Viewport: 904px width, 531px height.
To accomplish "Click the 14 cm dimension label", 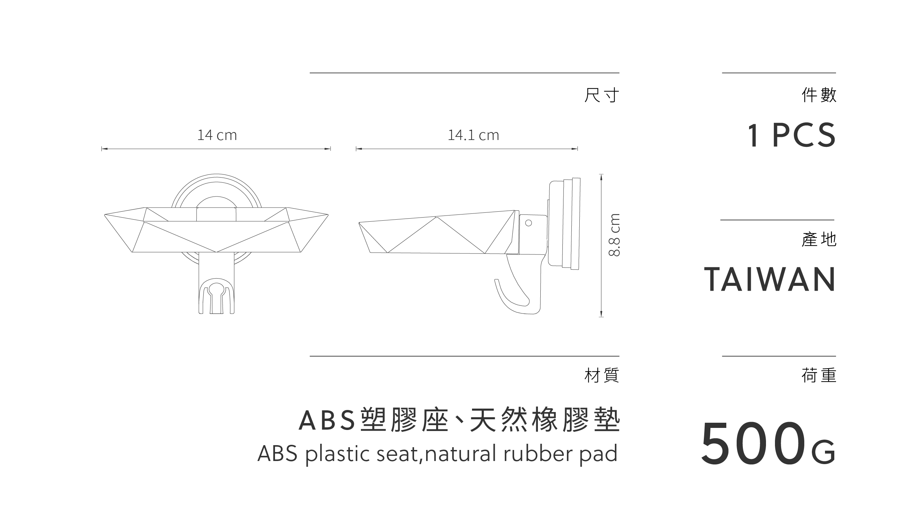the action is (x=217, y=135).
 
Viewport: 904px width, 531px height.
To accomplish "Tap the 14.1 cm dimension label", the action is (x=473, y=135).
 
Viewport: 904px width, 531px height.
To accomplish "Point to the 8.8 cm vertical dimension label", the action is (x=614, y=235).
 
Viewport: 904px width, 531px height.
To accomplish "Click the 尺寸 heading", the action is (x=602, y=96).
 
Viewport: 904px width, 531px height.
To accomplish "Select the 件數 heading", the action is (x=819, y=95).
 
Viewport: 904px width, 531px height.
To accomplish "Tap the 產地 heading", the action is (x=819, y=240).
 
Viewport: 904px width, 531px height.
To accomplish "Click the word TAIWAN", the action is (x=770, y=280).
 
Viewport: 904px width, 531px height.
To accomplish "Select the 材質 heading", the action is (x=602, y=375).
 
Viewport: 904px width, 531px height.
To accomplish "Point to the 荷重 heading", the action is (x=819, y=375).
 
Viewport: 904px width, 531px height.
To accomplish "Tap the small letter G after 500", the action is (x=824, y=453).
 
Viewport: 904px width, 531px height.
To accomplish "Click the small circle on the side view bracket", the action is (x=528, y=223).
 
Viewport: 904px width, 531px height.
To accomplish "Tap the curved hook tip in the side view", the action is (x=497, y=280).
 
